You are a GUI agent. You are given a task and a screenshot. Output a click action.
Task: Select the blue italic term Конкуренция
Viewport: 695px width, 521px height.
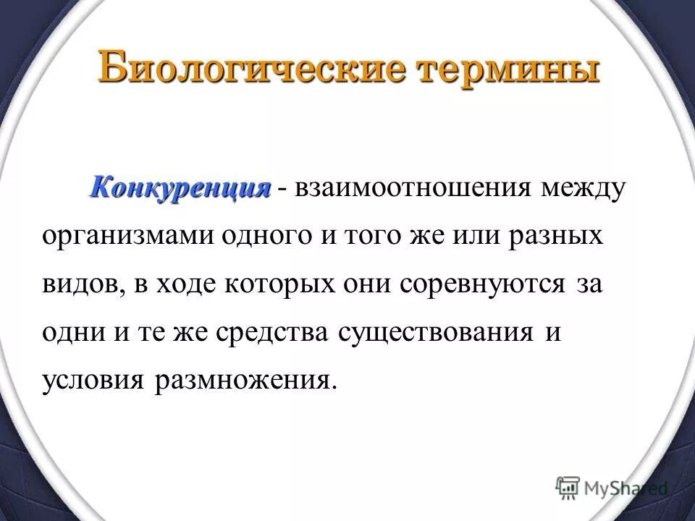point(180,187)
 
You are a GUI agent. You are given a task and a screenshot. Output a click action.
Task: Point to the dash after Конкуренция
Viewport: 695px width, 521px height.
point(282,190)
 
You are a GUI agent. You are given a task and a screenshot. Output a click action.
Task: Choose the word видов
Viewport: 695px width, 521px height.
point(78,284)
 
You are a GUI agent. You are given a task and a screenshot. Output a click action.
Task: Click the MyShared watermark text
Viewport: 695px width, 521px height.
point(626,487)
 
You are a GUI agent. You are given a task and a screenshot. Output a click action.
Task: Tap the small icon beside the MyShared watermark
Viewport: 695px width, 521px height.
point(568,487)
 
